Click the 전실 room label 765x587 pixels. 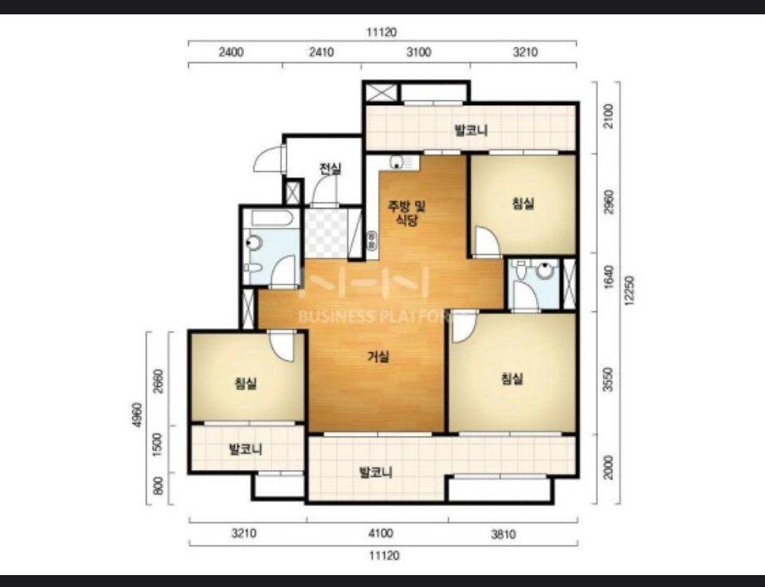click(330, 169)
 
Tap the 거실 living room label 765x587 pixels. click(378, 357)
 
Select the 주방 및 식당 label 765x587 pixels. click(406, 213)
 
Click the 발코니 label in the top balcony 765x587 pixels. click(471, 130)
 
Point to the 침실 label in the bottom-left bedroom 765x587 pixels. click(245, 384)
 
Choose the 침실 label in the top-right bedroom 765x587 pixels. click(523, 203)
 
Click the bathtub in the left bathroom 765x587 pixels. click(272, 218)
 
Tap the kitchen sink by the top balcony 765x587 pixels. click(404, 162)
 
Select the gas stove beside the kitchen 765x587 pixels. click(372, 241)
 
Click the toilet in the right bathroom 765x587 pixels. click(520, 271)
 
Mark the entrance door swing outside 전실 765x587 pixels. click(269, 158)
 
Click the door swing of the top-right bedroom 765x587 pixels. click(488, 241)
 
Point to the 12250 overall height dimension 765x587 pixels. click(629, 291)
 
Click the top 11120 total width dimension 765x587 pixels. click(382, 32)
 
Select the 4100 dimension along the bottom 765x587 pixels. click(381, 533)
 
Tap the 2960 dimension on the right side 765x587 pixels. click(608, 202)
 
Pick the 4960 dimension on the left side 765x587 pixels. click(137, 415)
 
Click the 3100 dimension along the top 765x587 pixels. click(418, 52)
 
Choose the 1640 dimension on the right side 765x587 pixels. click(608, 277)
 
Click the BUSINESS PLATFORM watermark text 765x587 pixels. click(373, 316)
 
